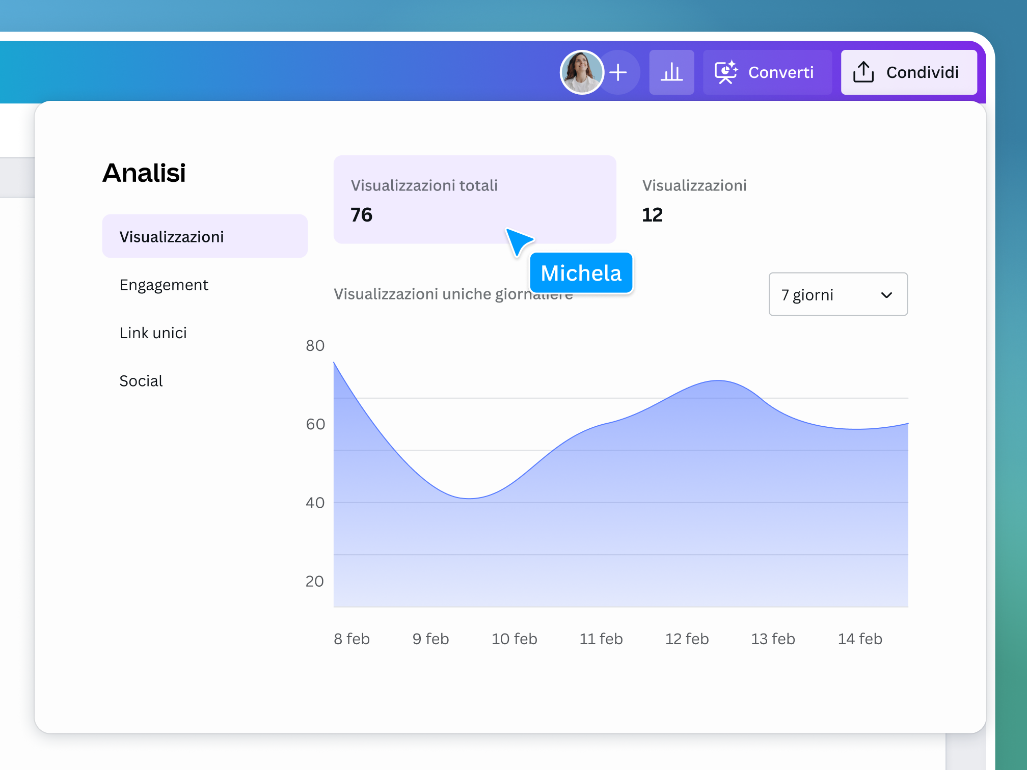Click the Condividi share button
tap(908, 72)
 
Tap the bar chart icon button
tap(671, 72)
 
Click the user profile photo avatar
tap(581, 72)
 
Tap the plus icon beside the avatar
tap(618, 72)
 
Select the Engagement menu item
tap(164, 285)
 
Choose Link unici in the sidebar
tap(153, 333)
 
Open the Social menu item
tap(141, 381)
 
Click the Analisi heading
tap(144, 173)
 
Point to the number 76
tap(361, 215)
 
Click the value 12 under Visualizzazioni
tap(652, 215)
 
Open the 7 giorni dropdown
tap(837, 294)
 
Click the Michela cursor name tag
tap(581, 273)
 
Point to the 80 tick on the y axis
tap(315, 346)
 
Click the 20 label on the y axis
tap(314, 581)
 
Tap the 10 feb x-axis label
tap(514, 639)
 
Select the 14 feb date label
tap(860, 639)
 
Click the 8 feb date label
tap(352, 639)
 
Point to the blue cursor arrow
tap(518, 241)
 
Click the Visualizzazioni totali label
tap(424, 185)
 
